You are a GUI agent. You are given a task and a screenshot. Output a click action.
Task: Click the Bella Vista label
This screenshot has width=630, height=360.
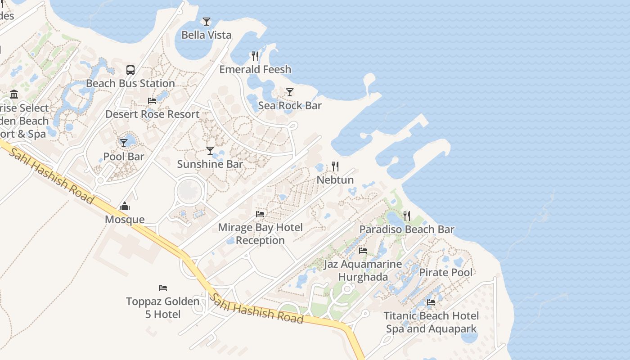[206, 35]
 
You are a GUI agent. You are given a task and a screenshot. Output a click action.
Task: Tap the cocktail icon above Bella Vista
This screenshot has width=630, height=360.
[206, 21]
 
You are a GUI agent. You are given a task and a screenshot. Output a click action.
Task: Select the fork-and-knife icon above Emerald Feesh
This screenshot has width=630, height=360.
[255, 56]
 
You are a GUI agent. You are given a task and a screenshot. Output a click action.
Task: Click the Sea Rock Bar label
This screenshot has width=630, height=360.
[290, 105]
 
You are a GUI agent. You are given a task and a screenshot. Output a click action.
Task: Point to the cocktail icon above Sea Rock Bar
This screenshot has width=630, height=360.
[290, 92]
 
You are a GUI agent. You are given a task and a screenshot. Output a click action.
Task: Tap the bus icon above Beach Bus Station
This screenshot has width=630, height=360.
[130, 70]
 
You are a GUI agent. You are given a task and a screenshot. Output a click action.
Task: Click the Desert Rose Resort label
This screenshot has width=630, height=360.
[152, 114]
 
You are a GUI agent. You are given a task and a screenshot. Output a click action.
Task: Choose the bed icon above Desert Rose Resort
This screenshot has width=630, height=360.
[152, 101]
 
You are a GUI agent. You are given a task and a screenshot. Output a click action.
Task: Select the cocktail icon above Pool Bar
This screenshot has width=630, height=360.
[124, 143]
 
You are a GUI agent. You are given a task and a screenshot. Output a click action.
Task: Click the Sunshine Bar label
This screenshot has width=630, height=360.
[210, 164]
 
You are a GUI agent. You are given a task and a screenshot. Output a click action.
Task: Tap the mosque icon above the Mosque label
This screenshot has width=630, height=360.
[125, 207]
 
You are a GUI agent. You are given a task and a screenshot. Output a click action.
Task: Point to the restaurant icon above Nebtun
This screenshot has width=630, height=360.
[335, 166]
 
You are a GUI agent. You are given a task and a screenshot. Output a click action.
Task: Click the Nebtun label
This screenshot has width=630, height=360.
[335, 180]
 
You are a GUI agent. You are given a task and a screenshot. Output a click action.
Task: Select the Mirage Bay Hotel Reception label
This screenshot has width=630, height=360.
[260, 234]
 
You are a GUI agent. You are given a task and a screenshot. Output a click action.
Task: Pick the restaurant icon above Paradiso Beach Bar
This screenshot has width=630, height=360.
[407, 216]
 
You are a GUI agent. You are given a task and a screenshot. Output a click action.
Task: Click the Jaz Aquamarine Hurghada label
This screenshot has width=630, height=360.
[363, 270]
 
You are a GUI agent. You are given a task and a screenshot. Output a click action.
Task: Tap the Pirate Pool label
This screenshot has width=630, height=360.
[446, 272]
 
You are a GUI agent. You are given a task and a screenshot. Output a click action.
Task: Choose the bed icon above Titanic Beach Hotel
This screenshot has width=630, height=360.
[431, 302]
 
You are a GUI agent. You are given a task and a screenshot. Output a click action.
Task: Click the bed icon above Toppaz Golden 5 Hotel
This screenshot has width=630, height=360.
[163, 288]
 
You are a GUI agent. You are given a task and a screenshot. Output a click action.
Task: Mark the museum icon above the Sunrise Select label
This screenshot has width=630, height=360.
[14, 94]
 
